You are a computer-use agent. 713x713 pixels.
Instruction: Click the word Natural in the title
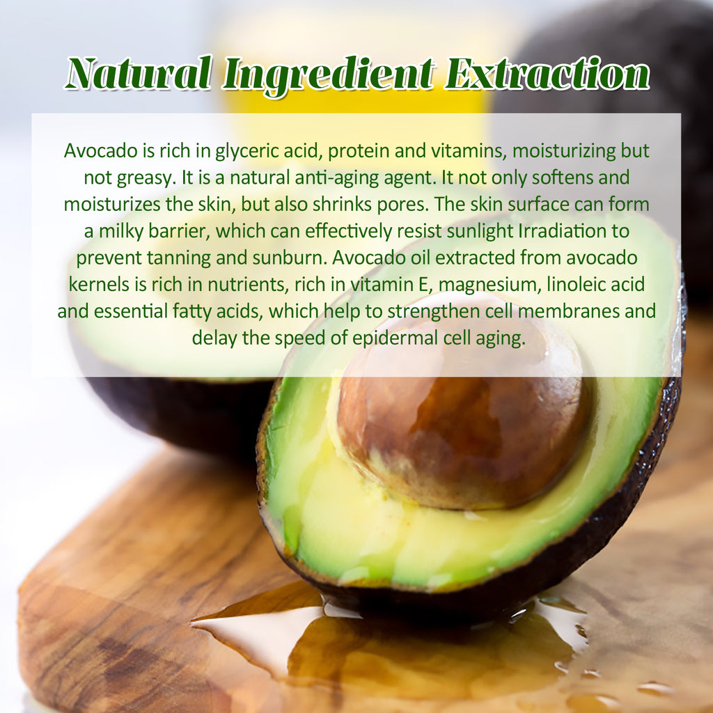click(138, 73)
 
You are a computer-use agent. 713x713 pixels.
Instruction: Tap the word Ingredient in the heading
click(329, 75)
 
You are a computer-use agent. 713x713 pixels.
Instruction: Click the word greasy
click(141, 178)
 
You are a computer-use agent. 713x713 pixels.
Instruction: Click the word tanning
click(178, 257)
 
